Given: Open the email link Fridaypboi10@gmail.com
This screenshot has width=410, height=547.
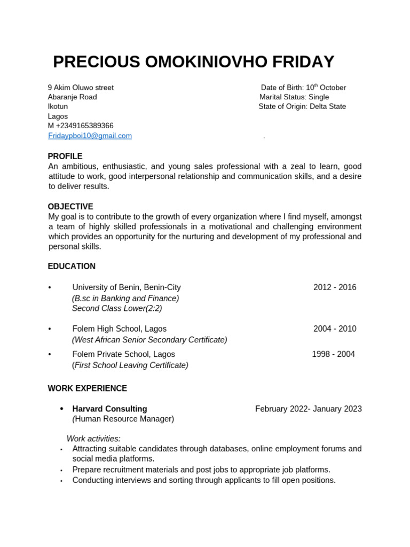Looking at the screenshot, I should [x=90, y=136].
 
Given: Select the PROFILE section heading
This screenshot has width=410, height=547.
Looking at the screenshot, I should [x=65, y=157].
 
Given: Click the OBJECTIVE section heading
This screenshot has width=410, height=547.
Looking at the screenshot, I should [x=70, y=207].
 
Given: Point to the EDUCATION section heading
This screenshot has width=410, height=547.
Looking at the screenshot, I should [x=72, y=267].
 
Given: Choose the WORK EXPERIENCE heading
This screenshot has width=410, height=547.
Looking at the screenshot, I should [x=87, y=388].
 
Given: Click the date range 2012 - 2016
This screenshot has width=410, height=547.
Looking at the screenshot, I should [x=335, y=287].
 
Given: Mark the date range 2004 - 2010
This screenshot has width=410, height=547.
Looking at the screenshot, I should [x=335, y=329].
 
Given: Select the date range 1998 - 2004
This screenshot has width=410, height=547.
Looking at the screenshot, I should [x=333, y=354].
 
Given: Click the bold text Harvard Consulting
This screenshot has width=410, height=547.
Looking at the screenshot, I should [x=109, y=409].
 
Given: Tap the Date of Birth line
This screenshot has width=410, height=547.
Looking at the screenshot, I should [x=303, y=88].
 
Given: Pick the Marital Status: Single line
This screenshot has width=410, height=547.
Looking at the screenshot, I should [x=294, y=97].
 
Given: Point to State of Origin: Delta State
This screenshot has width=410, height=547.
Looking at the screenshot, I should [x=302, y=106].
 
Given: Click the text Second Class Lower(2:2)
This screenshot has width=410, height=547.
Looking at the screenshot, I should [x=117, y=308].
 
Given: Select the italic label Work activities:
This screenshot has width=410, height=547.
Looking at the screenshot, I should [x=93, y=439].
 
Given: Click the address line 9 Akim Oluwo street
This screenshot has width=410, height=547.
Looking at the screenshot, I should [x=81, y=88].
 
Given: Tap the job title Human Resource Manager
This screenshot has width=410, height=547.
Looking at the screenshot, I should [x=123, y=419].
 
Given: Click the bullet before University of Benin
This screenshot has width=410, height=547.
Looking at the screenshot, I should [x=50, y=288].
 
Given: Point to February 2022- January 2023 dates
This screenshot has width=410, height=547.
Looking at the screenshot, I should [x=308, y=409].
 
